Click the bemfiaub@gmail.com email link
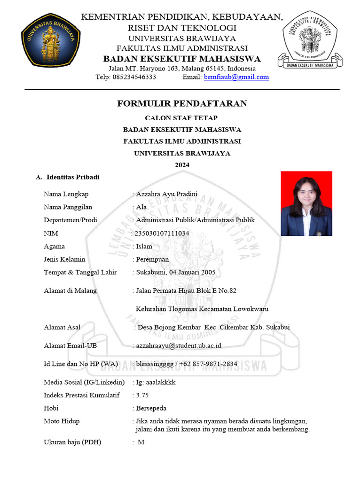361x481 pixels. pyautogui.click(x=236, y=77)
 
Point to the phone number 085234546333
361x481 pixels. pyautogui.click(x=134, y=77)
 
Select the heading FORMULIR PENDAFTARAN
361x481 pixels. pyautogui.click(x=182, y=104)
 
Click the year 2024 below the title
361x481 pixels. pyautogui.click(x=182, y=165)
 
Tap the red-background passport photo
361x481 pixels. pyautogui.click(x=306, y=203)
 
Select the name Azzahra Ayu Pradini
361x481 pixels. pyautogui.click(x=166, y=194)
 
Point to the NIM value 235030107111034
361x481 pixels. pyautogui.click(x=162, y=233)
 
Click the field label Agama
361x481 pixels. pyautogui.click(x=54, y=246)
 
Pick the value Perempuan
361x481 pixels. pyautogui.click(x=152, y=259)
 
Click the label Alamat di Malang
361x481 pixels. pyautogui.click(x=70, y=290)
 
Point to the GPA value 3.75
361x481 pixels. pyautogui.click(x=142, y=395)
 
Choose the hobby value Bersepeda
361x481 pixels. pyautogui.click(x=151, y=408)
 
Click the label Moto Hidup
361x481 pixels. pyautogui.click(x=62, y=421)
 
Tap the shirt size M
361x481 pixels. pyautogui.click(x=141, y=442)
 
